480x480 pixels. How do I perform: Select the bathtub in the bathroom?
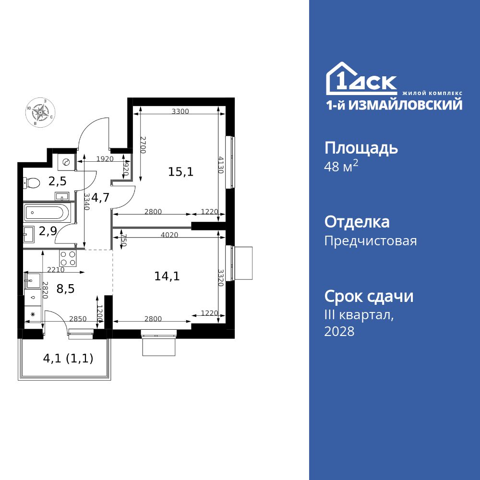[48, 212]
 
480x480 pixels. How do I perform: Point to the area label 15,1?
[180, 171]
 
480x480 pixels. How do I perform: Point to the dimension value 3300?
[180, 111]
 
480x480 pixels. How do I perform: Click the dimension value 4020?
[169, 235]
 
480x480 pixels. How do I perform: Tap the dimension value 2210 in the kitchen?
[56, 270]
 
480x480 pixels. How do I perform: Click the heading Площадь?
[361, 148]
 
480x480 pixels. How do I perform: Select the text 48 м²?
[341, 168]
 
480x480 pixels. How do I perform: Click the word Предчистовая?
[371, 240]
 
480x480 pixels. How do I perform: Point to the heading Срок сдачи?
[369, 296]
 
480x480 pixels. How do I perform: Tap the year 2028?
[339, 331]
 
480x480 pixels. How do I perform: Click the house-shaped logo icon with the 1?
[340, 80]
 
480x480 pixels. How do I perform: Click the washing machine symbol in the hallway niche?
[65, 162]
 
